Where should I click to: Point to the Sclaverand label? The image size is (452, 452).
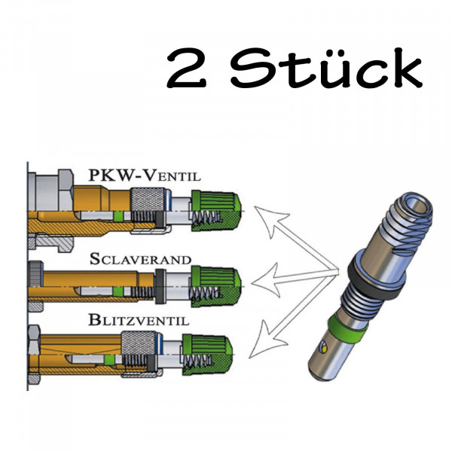tap(140, 260)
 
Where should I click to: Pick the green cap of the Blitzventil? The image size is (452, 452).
tap(215, 351)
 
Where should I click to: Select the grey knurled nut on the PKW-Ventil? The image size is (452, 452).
tap(144, 204)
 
